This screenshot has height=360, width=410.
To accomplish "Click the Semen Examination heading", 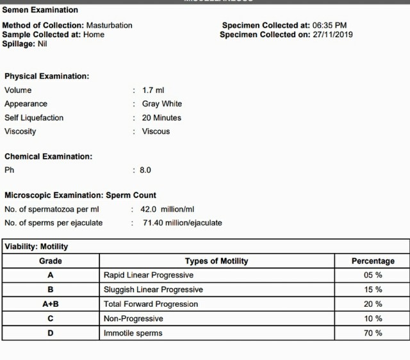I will pyautogui.click(x=40, y=10).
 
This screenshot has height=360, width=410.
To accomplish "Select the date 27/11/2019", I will pyautogui.click(x=333, y=35).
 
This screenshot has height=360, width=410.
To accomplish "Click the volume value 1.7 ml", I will pyautogui.click(x=153, y=90).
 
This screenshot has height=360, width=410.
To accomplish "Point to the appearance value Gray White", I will pyautogui.click(x=161, y=104).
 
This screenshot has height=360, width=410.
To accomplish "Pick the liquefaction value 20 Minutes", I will pyautogui.click(x=161, y=118).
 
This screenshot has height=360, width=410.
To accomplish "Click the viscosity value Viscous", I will pyautogui.click(x=156, y=131).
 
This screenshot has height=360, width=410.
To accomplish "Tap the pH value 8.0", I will pyautogui.click(x=145, y=170).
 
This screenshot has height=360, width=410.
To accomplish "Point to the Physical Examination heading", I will pyautogui.click(x=47, y=76).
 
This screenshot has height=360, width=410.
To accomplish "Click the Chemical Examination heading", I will pyautogui.click(x=48, y=156).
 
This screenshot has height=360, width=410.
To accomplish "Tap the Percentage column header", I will pyautogui.click(x=373, y=261).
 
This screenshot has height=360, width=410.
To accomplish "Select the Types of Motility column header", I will pyautogui.click(x=217, y=261).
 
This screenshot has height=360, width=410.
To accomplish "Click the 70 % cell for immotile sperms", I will pyautogui.click(x=373, y=333).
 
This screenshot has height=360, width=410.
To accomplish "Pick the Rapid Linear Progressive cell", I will pyautogui.click(x=148, y=275).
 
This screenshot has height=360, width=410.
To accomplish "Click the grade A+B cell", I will pyautogui.click(x=51, y=304).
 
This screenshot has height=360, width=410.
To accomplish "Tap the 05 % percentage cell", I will pyautogui.click(x=373, y=275).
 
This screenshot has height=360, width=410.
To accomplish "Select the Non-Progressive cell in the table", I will pyautogui.click(x=133, y=318).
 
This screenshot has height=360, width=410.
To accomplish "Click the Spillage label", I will pyautogui.click(x=17, y=44).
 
